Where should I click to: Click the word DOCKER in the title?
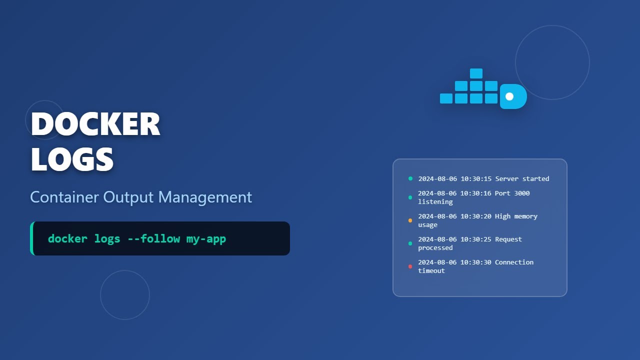coord(95,124)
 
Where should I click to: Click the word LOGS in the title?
coord(72,159)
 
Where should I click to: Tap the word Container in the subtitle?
coord(64,197)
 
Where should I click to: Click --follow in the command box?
coord(153,238)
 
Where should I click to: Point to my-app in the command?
coord(206,238)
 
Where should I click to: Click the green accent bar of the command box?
coord(32,238)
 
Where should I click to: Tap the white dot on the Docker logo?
coord(509,96)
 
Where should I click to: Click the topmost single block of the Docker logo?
coord(476,73)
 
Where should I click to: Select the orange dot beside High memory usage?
coord(410,220)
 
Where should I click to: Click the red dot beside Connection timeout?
coord(410,266)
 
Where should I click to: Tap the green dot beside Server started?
coord(410,178)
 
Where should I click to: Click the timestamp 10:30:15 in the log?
coord(476,178)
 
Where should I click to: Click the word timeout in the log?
coord(431,270)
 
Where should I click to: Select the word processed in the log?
coord(435,247)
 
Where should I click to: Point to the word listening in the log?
coord(435,201)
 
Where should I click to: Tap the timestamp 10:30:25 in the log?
coord(476,239)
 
